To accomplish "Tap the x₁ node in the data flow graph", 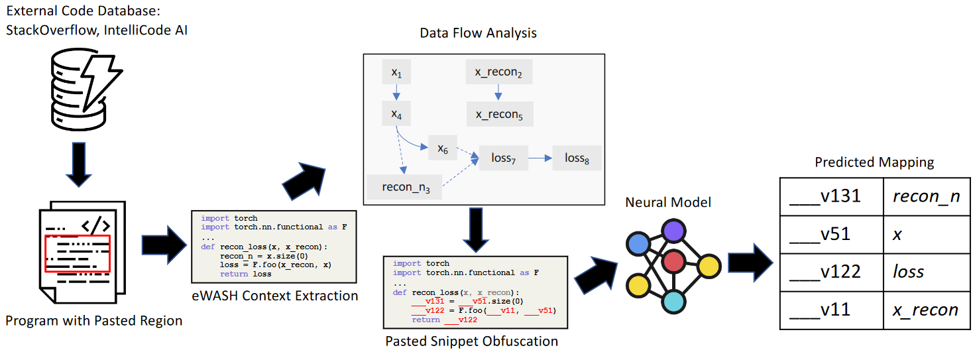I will click(396, 72).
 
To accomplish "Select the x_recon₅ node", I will click(499, 114).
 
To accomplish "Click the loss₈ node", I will click(577, 158).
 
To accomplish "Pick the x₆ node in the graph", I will click(443, 149).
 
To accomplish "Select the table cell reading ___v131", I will click(831, 196).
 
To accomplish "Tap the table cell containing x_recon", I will click(925, 310).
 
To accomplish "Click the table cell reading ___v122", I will click(831, 272).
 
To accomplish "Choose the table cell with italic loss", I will click(925, 272).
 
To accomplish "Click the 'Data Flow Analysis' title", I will click(478, 32).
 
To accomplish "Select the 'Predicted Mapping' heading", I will click(874, 162).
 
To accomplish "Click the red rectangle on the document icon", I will click(78, 253).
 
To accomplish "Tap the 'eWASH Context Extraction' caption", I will click(274, 296).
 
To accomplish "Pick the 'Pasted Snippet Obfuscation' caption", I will click(471, 341).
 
